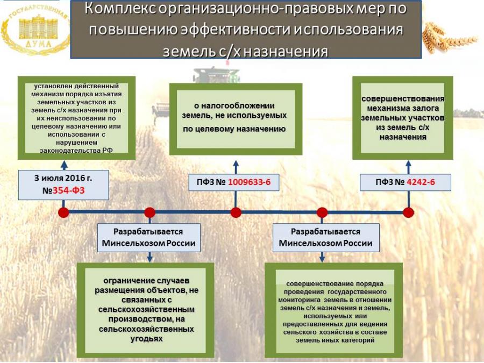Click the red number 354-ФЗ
click(x=68, y=190)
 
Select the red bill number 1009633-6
click(x=249, y=182)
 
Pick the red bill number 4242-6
click(x=421, y=182)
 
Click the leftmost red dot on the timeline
click(x=63, y=212)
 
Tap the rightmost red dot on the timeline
click(x=408, y=212)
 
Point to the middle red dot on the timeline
click(x=236, y=212)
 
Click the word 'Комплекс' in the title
click(x=120, y=9)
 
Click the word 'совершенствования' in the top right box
click(x=403, y=98)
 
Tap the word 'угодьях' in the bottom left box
click(x=146, y=339)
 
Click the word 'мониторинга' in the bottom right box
click(x=300, y=300)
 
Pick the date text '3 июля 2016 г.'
click(x=63, y=178)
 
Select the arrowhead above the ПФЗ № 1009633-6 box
click(x=236, y=164)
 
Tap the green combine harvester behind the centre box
click(x=216, y=75)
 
